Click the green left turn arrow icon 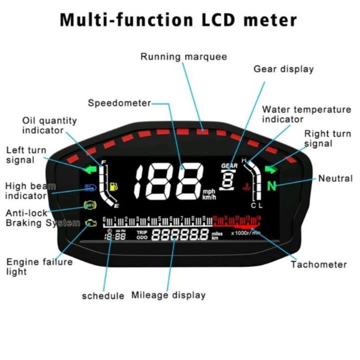coord(90,170)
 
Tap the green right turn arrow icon coord(271,170)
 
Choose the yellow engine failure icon coord(91,223)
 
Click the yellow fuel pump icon coord(116,187)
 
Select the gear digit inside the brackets coord(228,179)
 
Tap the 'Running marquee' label coord(183,57)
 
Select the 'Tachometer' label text coord(319,264)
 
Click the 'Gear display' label coord(284,69)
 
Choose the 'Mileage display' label coord(168,295)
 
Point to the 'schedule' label coord(103,296)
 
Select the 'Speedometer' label coord(119,103)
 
